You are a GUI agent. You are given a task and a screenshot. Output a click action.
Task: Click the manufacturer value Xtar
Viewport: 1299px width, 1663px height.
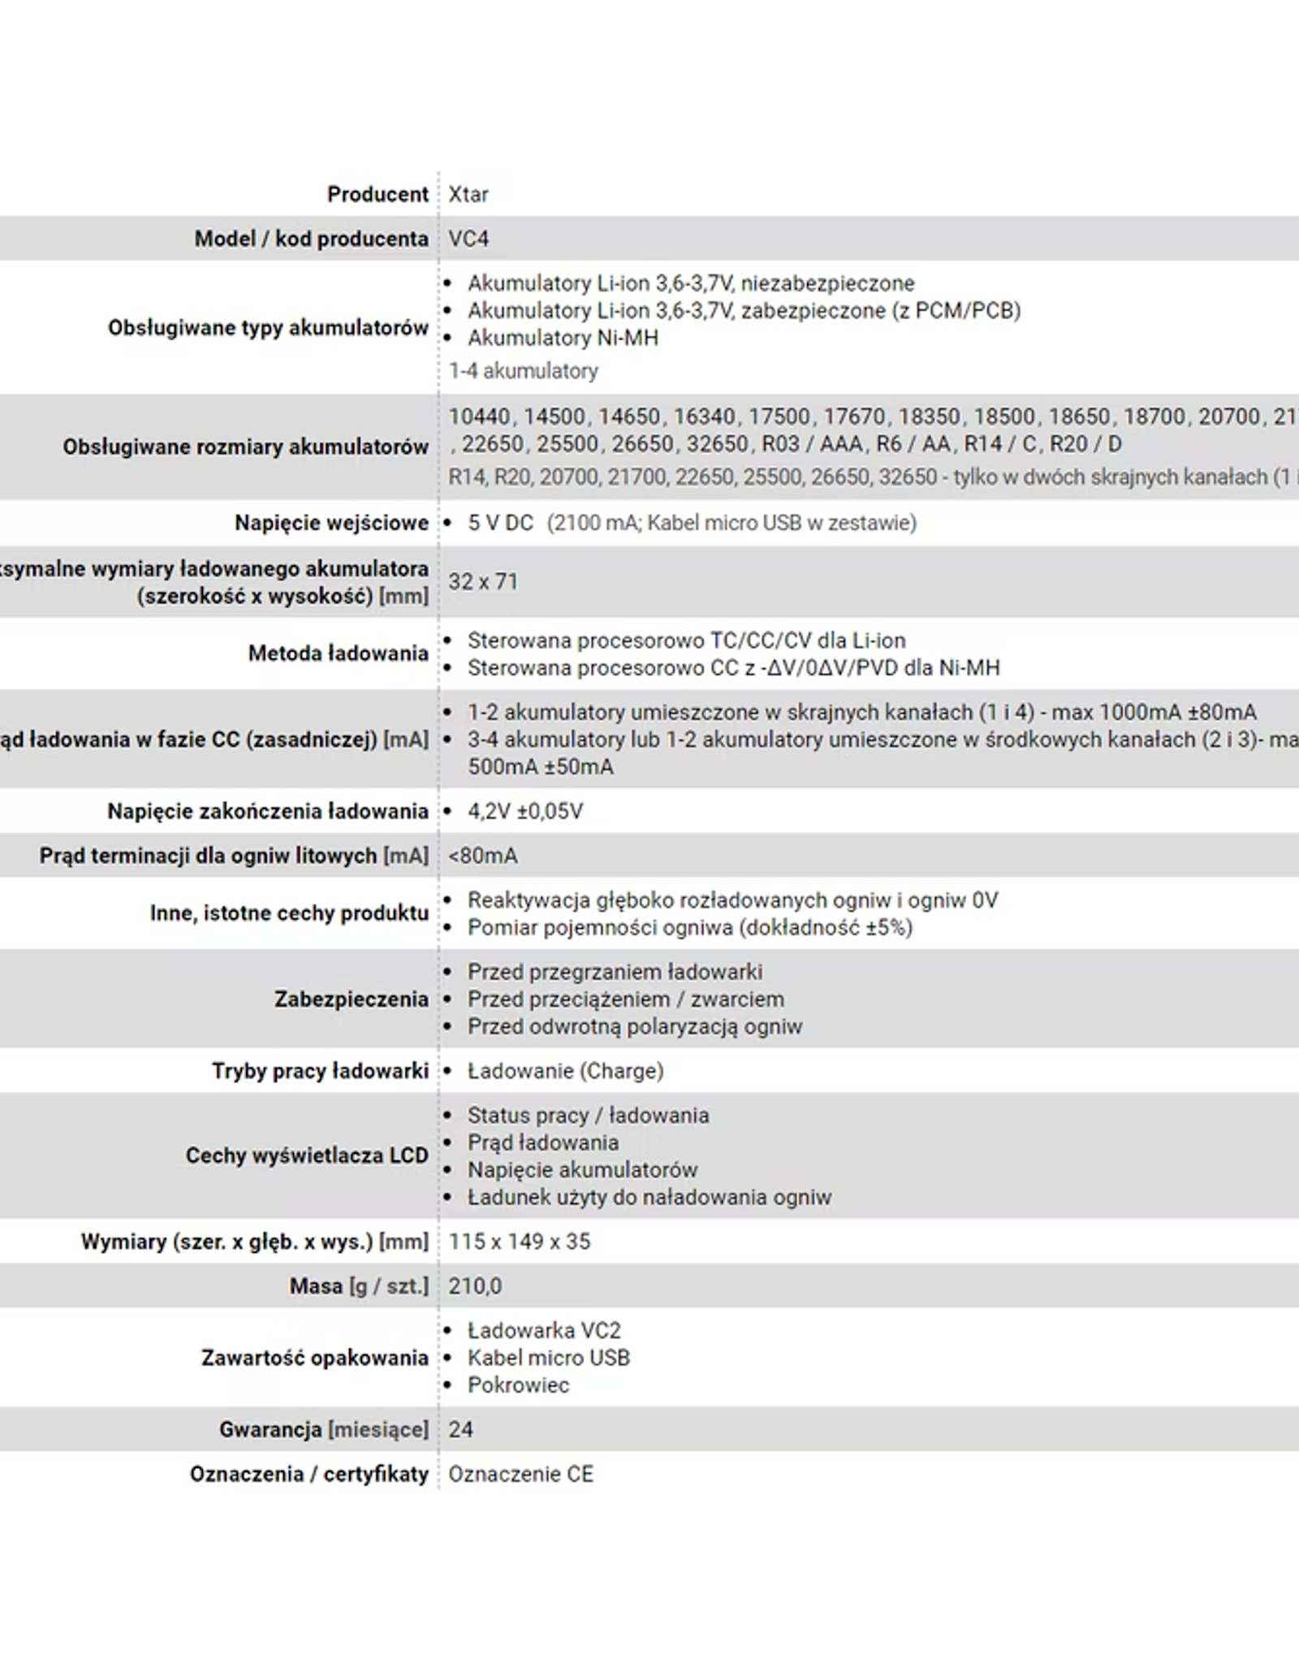[468, 194]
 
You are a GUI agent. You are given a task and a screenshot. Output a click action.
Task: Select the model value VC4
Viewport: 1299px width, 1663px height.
[468, 239]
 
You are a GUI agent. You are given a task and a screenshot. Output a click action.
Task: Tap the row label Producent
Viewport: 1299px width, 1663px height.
[378, 194]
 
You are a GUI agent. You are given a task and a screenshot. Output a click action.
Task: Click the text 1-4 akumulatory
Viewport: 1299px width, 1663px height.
[523, 371]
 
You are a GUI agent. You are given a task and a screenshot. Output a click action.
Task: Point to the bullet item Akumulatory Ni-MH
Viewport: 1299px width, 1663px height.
[563, 338]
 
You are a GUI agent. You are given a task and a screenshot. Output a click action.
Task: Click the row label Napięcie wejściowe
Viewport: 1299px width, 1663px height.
[331, 523]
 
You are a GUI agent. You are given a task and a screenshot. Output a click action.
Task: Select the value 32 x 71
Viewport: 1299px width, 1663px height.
[483, 581]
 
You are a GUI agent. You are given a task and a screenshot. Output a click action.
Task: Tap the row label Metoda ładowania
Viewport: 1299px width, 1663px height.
[338, 654]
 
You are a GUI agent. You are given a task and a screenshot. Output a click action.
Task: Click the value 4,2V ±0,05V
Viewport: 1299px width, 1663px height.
[525, 811]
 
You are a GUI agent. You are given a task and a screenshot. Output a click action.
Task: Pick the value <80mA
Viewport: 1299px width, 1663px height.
[483, 856]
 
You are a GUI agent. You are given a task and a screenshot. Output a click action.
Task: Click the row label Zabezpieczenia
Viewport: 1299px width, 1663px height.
[351, 999]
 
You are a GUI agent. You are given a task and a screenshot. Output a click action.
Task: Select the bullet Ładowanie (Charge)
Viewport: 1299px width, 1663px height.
[565, 1071]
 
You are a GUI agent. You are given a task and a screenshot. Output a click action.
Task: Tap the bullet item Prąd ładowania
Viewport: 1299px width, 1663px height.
[543, 1143]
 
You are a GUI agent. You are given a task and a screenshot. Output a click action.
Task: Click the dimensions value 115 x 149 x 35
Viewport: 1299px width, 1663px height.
[520, 1242]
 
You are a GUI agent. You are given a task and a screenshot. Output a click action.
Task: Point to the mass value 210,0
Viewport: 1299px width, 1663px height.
[475, 1286]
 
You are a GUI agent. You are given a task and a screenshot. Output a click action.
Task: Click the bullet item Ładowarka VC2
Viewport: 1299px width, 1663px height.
[544, 1331]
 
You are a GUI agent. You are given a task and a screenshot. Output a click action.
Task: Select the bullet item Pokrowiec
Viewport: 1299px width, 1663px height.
[518, 1385]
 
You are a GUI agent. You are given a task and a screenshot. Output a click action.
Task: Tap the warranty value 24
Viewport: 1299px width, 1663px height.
[460, 1429]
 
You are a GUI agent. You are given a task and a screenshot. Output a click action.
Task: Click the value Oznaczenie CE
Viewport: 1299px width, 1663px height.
[520, 1474]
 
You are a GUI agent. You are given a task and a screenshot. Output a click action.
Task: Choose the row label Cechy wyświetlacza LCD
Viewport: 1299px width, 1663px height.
[307, 1155]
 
